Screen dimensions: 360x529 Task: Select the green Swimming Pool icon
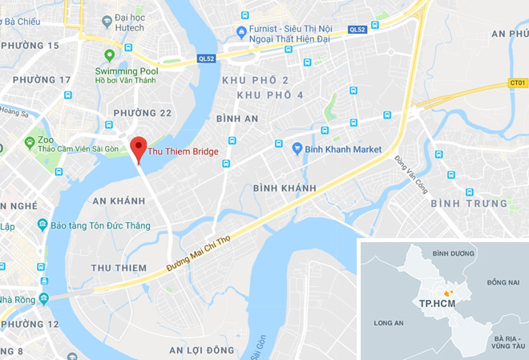(x=111, y=55)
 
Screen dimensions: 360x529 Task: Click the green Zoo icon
(x=30, y=143)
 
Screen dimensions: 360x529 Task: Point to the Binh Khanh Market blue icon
(x=297, y=148)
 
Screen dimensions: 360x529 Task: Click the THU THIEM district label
(x=119, y=268)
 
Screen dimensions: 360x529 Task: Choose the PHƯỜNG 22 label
(x=142, y=112)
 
